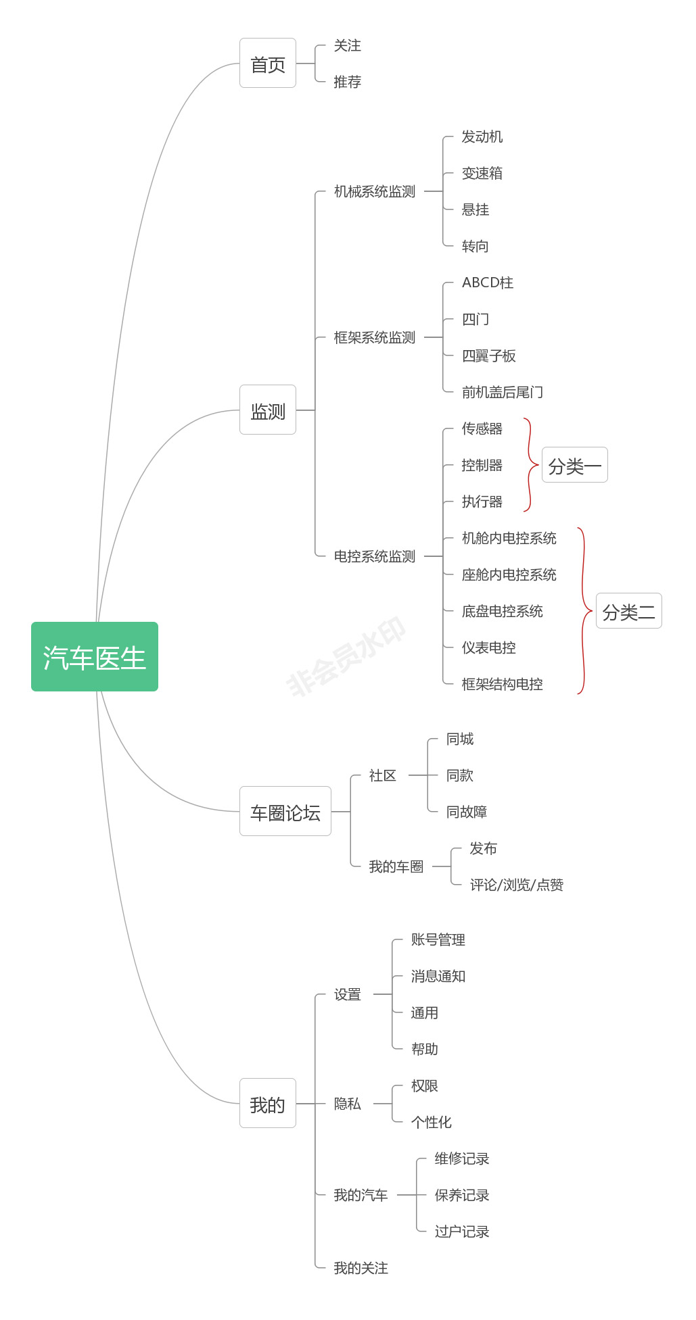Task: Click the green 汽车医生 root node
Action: click(95, 656)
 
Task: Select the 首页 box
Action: click(268, 63)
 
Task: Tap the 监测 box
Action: click(268, 410)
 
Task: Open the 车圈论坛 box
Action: click(285, 811)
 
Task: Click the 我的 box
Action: click(268, 1103)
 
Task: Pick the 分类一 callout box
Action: click(575, 465)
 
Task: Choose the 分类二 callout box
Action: click(629, 611)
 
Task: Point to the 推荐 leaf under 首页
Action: click(348, 82)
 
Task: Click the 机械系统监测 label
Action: click(375, 191)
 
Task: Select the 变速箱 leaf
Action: click(482, 173)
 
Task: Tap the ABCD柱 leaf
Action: click(488, 283)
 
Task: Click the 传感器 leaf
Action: click(482, 429)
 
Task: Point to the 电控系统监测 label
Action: click(375, 556)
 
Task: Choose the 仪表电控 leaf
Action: click(489, 647)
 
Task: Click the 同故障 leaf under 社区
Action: click(467, 812)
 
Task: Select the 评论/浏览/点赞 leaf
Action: click(517, 885)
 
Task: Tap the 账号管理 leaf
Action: click(438, 939)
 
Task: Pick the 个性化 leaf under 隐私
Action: click(432, 1122)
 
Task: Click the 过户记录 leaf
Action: click(462, 1231)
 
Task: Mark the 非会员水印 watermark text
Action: click(346, 656)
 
